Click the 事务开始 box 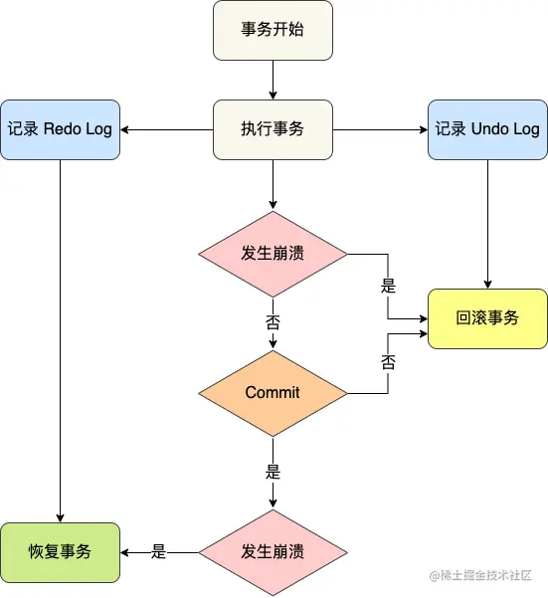(273, 29)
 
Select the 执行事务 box (273, 129)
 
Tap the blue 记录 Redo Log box (60, 129)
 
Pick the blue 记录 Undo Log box (487, 129)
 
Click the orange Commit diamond (273, 392)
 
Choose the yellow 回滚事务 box (487, 318)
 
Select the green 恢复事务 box (60, 551)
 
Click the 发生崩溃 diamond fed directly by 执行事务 (273, 253)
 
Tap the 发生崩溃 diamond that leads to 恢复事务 (273, 551)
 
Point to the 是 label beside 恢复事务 (159, 551)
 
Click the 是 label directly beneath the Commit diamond (273, 472)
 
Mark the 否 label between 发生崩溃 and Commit (273, 322)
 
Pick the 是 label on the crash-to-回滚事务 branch (388, 286)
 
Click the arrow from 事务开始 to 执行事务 (273, 79)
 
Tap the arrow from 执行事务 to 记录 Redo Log (167, 129)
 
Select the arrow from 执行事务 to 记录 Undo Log (380, 129)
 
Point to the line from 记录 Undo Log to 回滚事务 (487, 224)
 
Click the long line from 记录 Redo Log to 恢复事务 (60, 338)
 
